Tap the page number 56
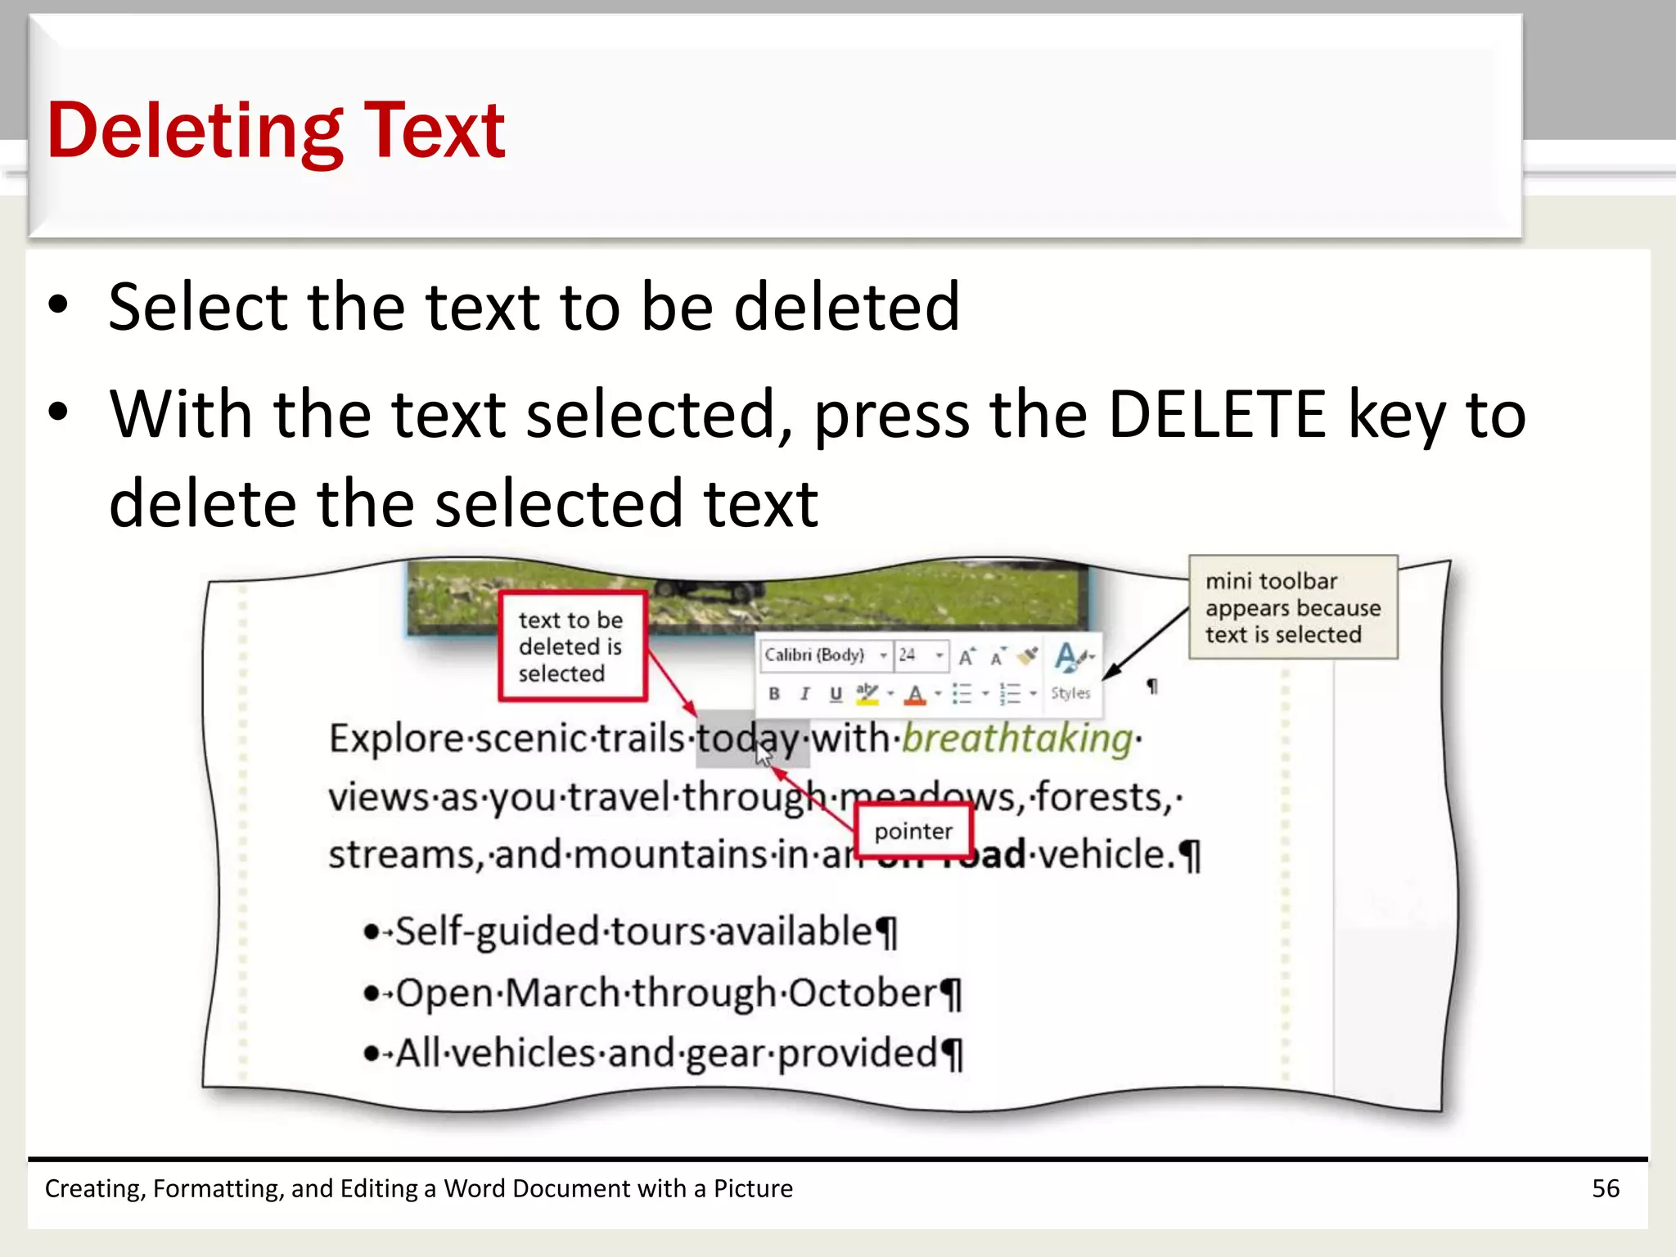(1605, 1188)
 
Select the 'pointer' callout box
(913, 831)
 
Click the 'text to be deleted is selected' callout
(572, 647)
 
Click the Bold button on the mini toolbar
(774, 694)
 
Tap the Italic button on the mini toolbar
(804, 694)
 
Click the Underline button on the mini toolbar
(835, 694)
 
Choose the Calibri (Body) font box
(818, 655)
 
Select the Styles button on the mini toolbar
(1070, 671)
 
